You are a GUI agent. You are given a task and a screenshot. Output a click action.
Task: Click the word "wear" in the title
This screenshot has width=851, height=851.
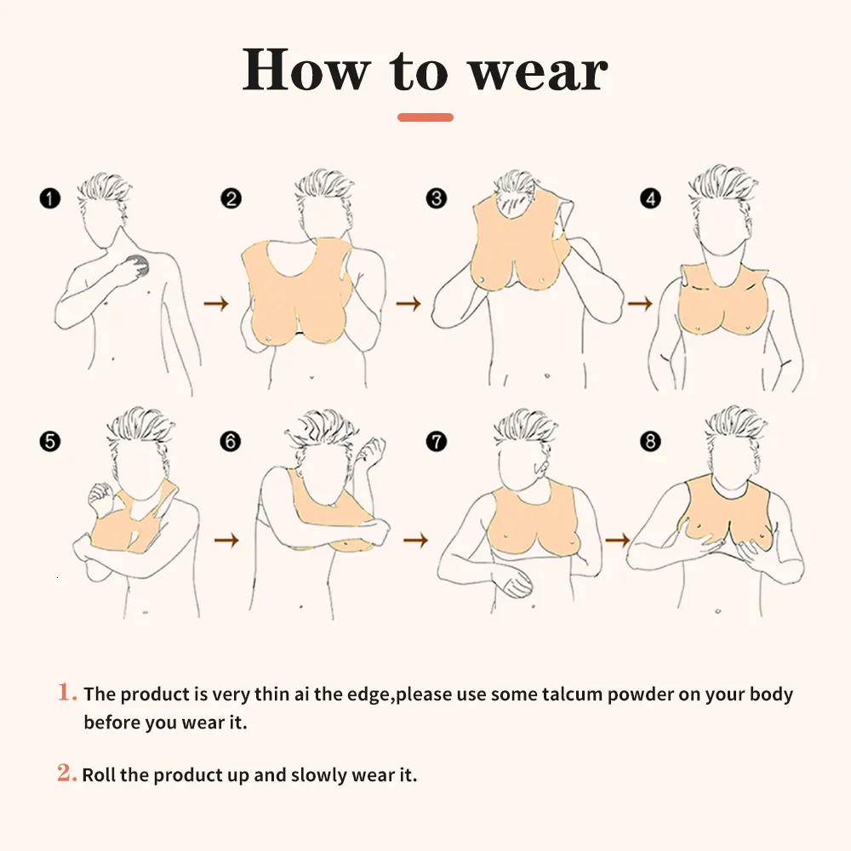(x=539, y=72)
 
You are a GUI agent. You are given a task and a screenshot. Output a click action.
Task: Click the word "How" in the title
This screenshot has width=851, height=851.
(x=306, y=70)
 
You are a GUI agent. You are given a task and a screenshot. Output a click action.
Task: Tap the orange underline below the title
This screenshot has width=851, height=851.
(x=425, y=117)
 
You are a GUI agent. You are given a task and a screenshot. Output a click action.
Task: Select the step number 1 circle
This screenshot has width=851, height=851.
(x=50, y=198)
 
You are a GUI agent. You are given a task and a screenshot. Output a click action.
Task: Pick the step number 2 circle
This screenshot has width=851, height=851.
(x=231, y=198)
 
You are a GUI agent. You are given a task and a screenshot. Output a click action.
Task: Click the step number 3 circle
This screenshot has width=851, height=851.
(x=437, y=198)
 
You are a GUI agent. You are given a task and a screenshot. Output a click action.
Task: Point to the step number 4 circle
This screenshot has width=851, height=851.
(x=651, y=198)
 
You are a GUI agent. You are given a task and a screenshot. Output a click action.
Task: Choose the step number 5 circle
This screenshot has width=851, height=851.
(x=50, y=441)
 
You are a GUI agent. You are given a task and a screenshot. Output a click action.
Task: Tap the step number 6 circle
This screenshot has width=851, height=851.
(x=230, y=441)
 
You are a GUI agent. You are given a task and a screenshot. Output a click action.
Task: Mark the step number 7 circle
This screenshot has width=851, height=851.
(x=437, y=441)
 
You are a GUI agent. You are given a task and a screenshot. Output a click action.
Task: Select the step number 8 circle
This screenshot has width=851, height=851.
(x=651, y=441)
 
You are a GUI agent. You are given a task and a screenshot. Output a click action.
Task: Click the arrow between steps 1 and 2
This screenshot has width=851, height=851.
(x=216, y=304)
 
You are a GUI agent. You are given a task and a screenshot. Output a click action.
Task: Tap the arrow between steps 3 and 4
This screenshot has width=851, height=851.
(x=639, y=304)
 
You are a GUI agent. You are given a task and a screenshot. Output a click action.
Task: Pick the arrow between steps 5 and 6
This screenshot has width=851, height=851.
(x=226, y=540)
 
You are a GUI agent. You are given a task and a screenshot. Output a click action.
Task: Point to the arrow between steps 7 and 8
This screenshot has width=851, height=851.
(x=618, y=540)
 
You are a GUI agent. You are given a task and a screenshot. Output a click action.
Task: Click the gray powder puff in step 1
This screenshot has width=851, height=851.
(x=139, y=265)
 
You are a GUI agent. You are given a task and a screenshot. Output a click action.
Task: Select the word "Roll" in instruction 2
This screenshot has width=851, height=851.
(x=99, y=775)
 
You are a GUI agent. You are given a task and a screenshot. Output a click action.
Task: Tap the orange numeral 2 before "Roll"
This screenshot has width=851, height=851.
(x=66, y=773)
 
